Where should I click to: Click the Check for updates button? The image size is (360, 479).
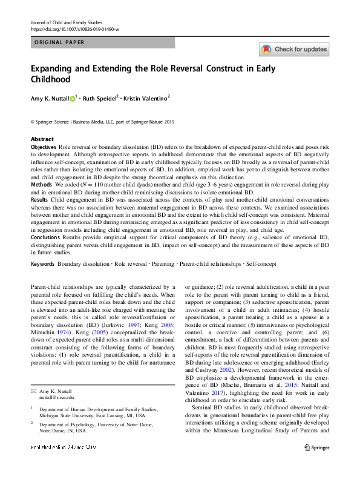point(294,49)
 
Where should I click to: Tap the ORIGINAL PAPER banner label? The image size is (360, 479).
point(59,42)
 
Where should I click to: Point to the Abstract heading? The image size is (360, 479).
point(42,139)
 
